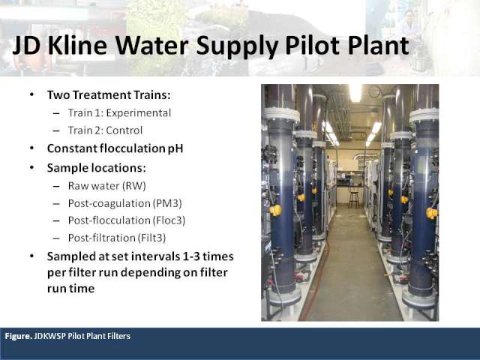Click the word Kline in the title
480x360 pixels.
point(77,45)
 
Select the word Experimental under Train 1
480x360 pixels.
point(139,113)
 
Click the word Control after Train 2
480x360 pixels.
point(124,130)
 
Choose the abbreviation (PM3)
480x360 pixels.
point(167,203)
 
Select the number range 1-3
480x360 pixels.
point(191,256)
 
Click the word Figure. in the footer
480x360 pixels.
point(18,336)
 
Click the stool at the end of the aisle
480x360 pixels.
point(353,197)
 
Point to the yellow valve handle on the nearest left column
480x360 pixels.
point(275,210)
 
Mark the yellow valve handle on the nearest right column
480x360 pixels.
point(432,213)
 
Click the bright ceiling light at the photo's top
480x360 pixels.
point(355,93)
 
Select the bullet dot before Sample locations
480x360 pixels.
point(32,168)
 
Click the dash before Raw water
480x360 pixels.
point(56,187)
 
